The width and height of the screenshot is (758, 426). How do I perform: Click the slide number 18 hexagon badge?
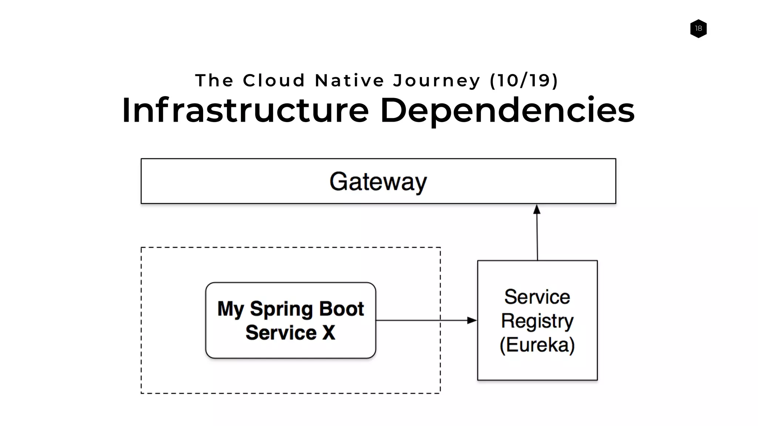pyautogui.click(x=698, y=28)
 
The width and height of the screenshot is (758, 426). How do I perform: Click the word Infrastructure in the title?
pyautogui.click(x=245, y=110)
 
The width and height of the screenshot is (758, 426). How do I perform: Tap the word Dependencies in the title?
pyautogui.click(x=507, y=110)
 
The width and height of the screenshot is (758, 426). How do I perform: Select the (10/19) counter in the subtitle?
pyautogui.click(x=523, y=81)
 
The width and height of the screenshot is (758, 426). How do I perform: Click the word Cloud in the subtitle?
pyautogui.click(x=274, y=81)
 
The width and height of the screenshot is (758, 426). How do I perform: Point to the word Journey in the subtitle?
pyautogui.click(x=437, y=81)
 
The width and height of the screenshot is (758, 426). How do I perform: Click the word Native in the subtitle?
pyautogui.click(x=350, y=81)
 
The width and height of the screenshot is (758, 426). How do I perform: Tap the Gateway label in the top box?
pyautogui.click(x=378, y=182)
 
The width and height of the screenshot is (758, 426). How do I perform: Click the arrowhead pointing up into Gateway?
pyautogui.click(x=537, y=209)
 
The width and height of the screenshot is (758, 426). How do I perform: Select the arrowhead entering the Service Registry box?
pyautogui.click(x=472, y=320)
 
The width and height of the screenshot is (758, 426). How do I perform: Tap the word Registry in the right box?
pyautogui.click(x=537, y=321)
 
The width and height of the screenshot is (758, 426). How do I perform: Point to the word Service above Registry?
pyautogui.click(x=537, y=297)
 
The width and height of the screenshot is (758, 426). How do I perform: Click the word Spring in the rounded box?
pyautogui.click(x=281, y=309)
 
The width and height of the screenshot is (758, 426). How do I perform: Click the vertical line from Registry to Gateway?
pyautogui.click(x=537, y=237)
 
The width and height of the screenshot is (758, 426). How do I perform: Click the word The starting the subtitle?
pyautogui.click(x=214, y=81)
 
